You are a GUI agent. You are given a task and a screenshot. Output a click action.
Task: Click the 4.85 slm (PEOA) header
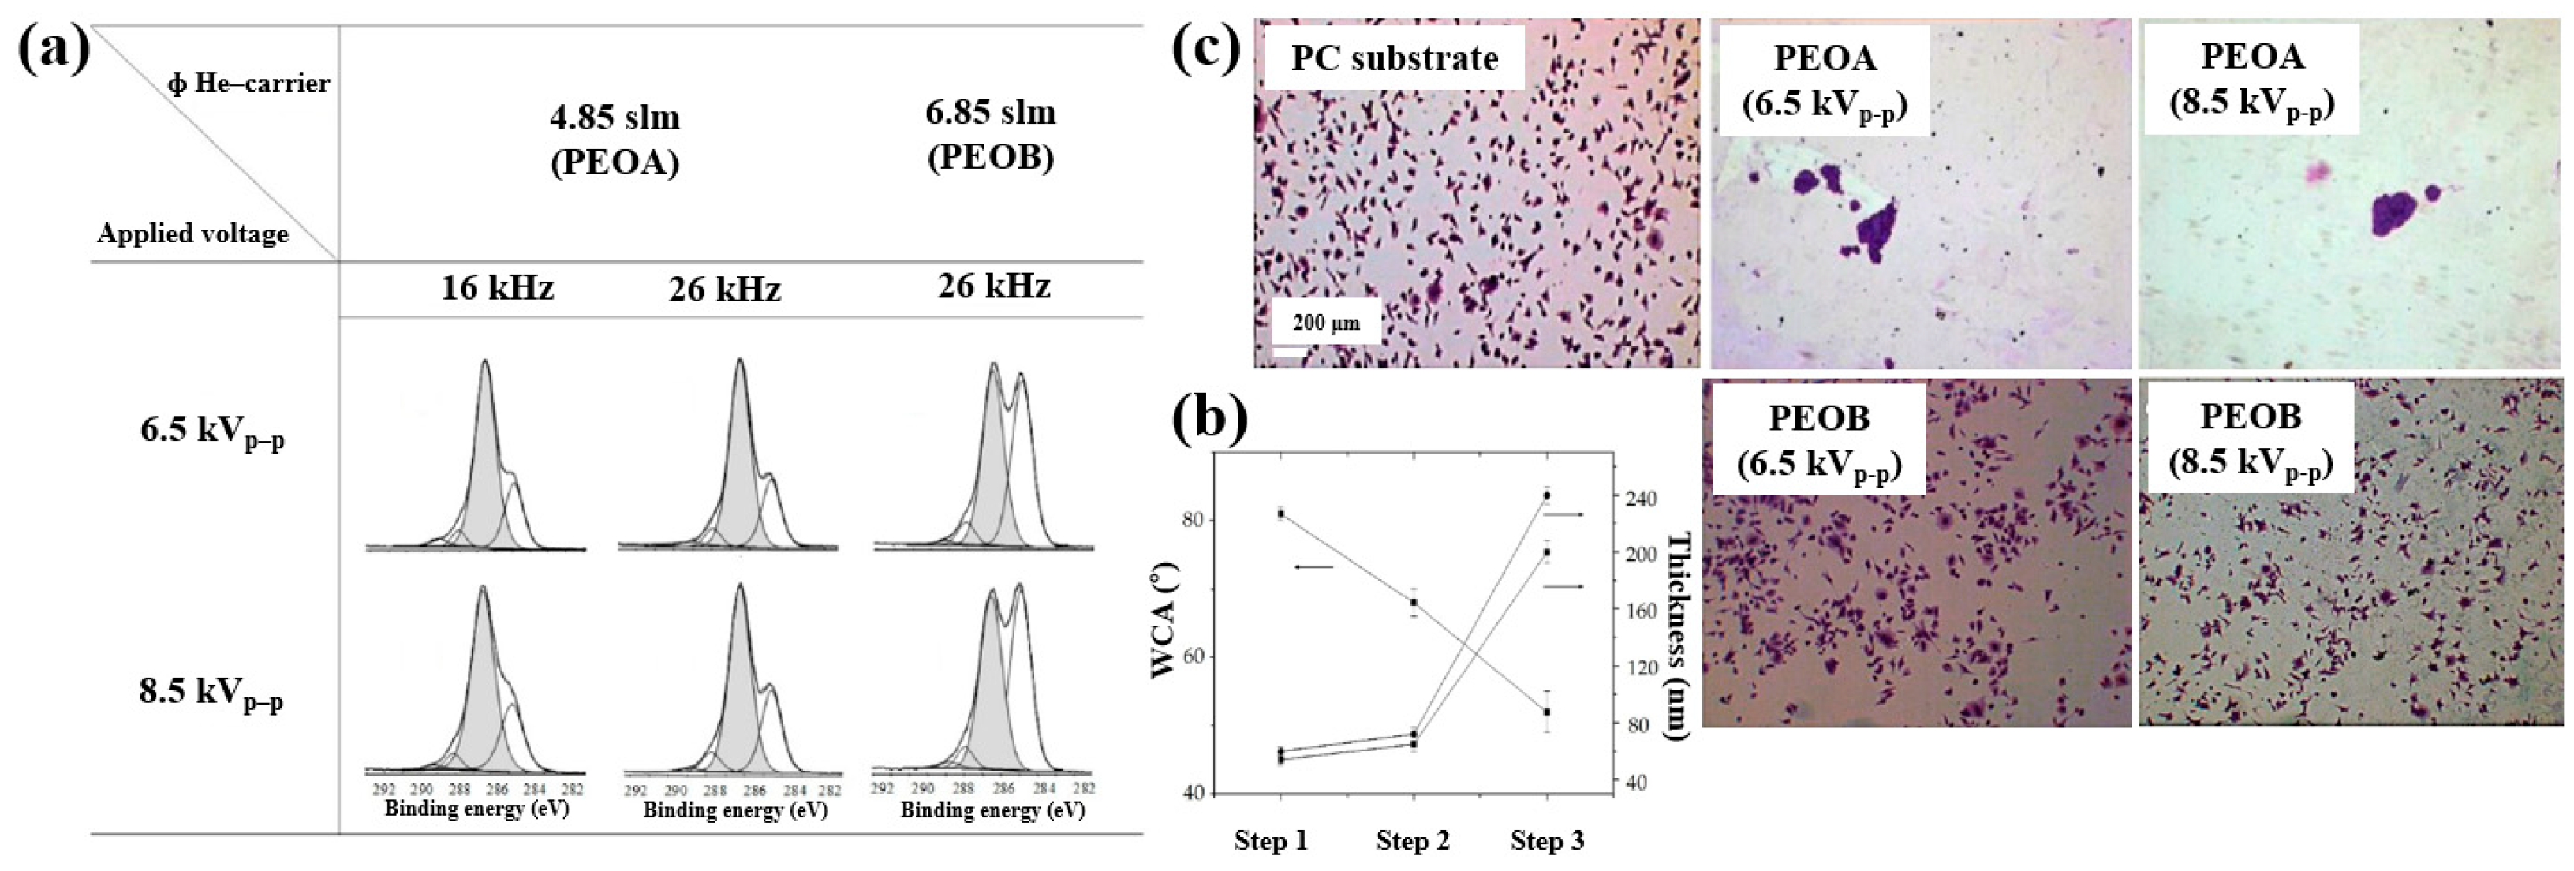tap(615, 140)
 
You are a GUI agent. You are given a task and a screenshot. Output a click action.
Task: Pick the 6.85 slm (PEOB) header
tap(990, 134)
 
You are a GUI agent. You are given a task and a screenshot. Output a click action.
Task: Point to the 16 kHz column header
tap(498, 289)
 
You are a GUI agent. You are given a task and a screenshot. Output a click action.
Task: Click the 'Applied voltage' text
tap(192, 234)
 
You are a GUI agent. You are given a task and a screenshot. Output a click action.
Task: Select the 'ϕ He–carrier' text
tap(248, 83)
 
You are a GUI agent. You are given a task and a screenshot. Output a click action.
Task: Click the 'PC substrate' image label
tap(1394, 58)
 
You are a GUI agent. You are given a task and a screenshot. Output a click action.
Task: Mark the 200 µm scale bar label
tap(1326, 323)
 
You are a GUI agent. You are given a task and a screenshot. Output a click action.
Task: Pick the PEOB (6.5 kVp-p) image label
tap(1818, 439)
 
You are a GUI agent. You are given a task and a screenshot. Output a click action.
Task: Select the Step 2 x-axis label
tap(1412, 841)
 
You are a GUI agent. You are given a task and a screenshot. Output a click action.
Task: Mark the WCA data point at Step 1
tap(1281, 514)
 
